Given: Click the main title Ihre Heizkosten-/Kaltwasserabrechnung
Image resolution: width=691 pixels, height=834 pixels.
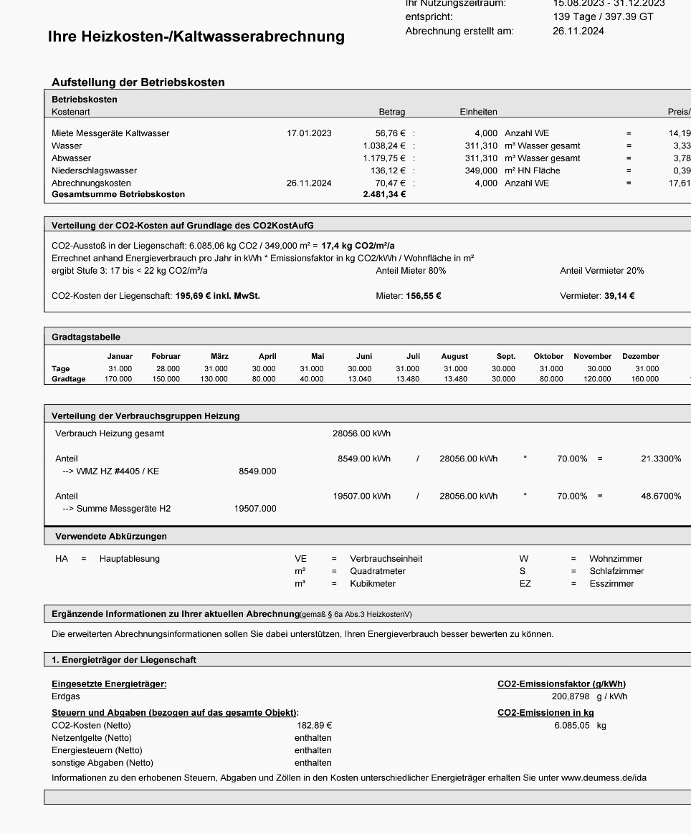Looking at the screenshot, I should (196, 37).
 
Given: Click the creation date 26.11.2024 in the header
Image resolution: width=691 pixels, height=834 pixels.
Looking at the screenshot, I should (578, 31).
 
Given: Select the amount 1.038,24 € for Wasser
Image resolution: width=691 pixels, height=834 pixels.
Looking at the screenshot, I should (384, 145).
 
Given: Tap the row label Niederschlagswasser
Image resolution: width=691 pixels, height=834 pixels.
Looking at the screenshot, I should (94, 171).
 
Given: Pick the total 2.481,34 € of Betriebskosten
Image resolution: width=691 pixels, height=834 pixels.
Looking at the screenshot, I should (384, 195).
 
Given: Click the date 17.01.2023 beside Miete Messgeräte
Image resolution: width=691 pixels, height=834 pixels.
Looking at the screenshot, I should (309, 133).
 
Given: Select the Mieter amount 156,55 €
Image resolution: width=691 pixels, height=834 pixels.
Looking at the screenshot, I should (423, 295).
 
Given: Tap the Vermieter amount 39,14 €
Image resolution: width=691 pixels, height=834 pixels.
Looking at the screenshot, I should (619, 295).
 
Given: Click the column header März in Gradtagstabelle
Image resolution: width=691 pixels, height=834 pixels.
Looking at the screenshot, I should (219, 356).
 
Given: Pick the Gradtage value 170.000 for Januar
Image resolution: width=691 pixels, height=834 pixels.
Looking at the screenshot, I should (118, 379).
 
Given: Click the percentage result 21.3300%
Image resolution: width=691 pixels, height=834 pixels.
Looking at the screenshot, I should (661, 459).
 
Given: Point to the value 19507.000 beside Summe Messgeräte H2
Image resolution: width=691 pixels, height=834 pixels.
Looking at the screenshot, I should (255, 509).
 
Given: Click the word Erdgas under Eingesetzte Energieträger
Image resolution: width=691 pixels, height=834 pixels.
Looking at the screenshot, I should (66, 696).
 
